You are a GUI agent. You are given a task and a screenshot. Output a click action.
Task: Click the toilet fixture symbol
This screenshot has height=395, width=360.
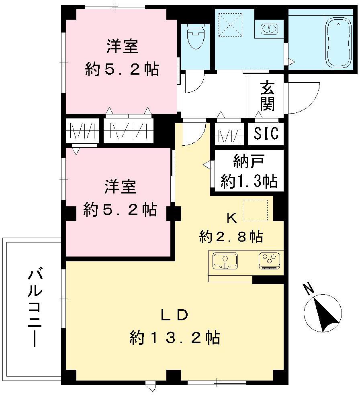pyautogui.click(x=196, y=37)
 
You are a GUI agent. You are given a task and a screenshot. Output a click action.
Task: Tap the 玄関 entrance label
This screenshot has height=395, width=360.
pyautogui.click(x=267, y=97)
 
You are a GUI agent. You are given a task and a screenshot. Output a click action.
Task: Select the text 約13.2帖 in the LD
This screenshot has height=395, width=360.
pyautogui.click(x=175, y=338)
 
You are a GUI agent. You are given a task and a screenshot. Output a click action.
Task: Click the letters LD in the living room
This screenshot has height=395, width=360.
pyautogui.click(x=174, y=316)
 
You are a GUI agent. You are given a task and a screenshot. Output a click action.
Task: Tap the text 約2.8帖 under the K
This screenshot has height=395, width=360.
pyautogui.click(x=231, y=237)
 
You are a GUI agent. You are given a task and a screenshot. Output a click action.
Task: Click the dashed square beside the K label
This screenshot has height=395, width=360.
pyautogui.click(x=256, y=210)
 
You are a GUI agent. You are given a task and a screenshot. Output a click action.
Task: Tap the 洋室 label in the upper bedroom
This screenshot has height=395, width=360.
pyautogui.click(x=122, y=46)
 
